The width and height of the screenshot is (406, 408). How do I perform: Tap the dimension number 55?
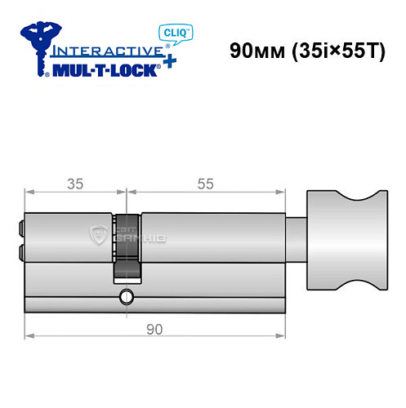[x=206, y=184]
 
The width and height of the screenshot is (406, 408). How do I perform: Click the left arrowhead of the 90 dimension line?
[x=28, y=335]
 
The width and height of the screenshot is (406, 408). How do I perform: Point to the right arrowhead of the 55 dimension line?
[x=286, y=193]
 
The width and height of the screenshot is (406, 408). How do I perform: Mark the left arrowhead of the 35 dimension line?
[x=28, y=193]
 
